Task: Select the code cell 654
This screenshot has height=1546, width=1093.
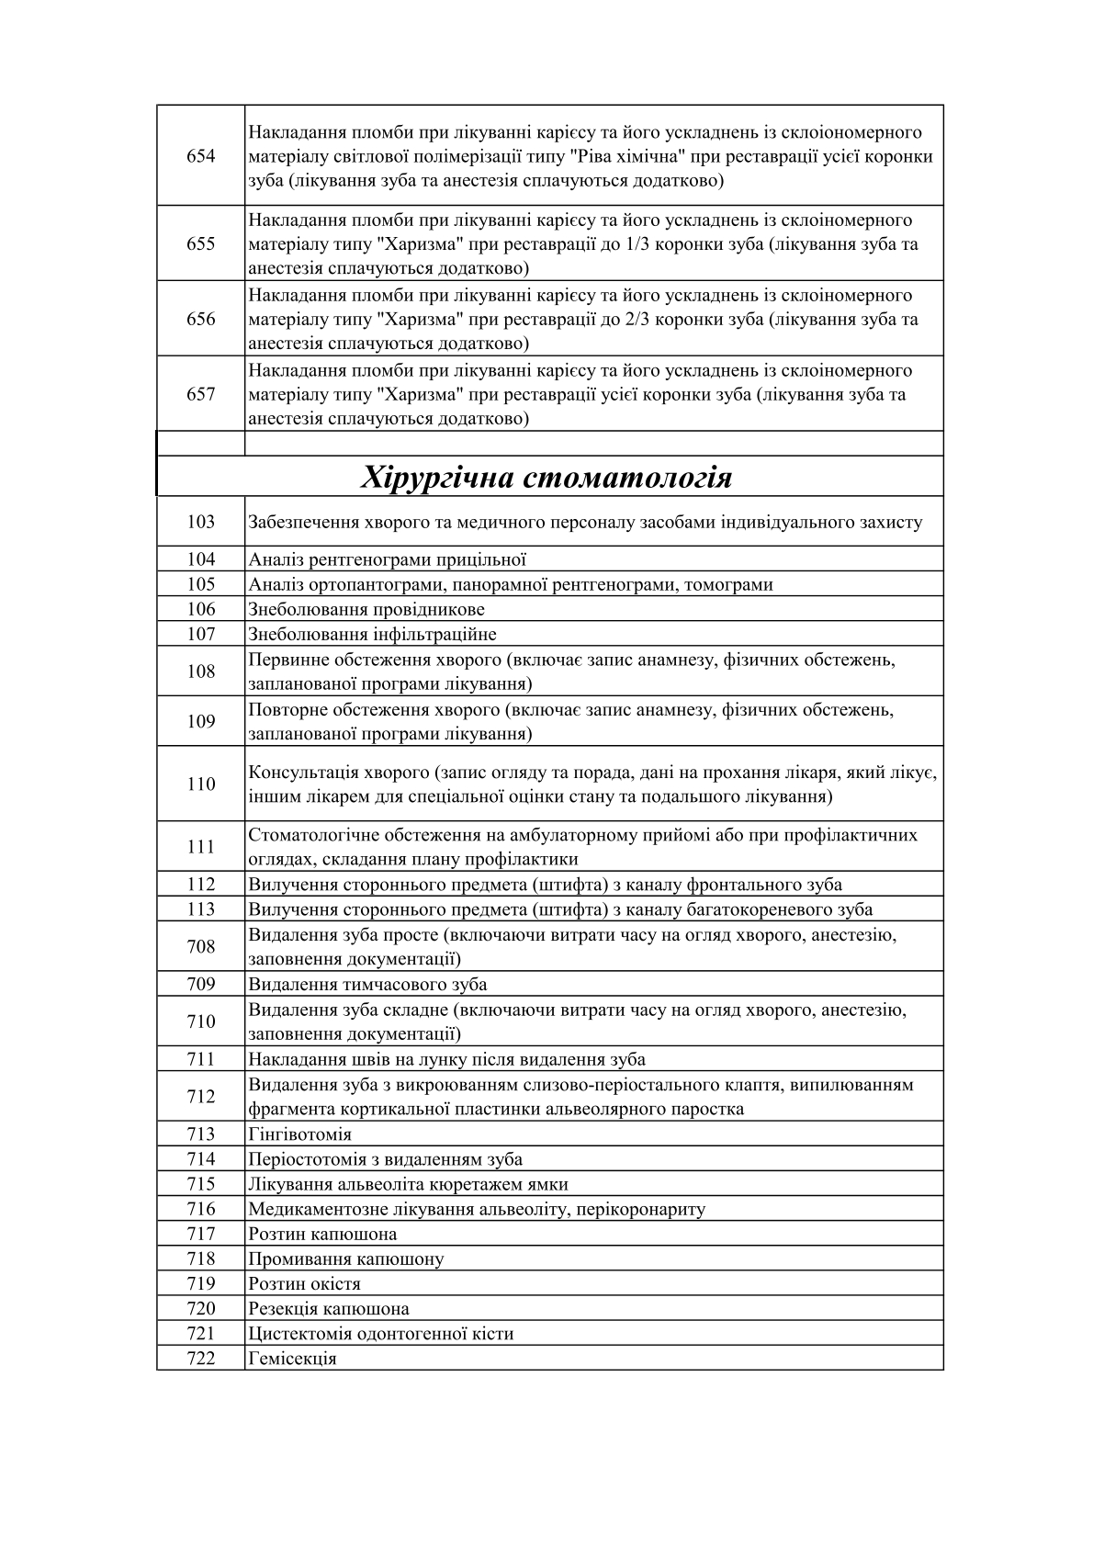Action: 200,156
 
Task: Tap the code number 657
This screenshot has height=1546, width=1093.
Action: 200,394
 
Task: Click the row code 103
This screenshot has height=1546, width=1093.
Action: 200,522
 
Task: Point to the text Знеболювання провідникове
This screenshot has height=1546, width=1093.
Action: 366,609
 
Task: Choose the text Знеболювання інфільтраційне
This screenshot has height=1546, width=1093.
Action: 372,634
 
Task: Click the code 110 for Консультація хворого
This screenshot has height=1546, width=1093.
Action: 200,784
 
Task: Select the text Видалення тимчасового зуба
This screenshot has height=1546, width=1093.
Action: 367,985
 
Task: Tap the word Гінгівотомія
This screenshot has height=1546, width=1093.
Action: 299,1134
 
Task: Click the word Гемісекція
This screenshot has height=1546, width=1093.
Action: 292,1359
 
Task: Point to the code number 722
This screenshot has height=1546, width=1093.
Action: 200,1359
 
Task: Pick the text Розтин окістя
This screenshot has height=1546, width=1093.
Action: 304,1283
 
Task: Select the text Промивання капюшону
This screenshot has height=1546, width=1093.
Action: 345,1258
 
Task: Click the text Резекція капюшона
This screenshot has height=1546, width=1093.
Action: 329,1308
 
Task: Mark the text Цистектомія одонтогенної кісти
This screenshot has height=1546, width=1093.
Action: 380,1334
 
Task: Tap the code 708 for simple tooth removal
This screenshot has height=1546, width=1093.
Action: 200,947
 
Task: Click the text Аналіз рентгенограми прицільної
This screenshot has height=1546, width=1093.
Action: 387,559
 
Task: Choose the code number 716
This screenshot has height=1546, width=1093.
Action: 200,1209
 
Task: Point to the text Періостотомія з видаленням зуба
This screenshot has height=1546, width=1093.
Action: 385,1159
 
